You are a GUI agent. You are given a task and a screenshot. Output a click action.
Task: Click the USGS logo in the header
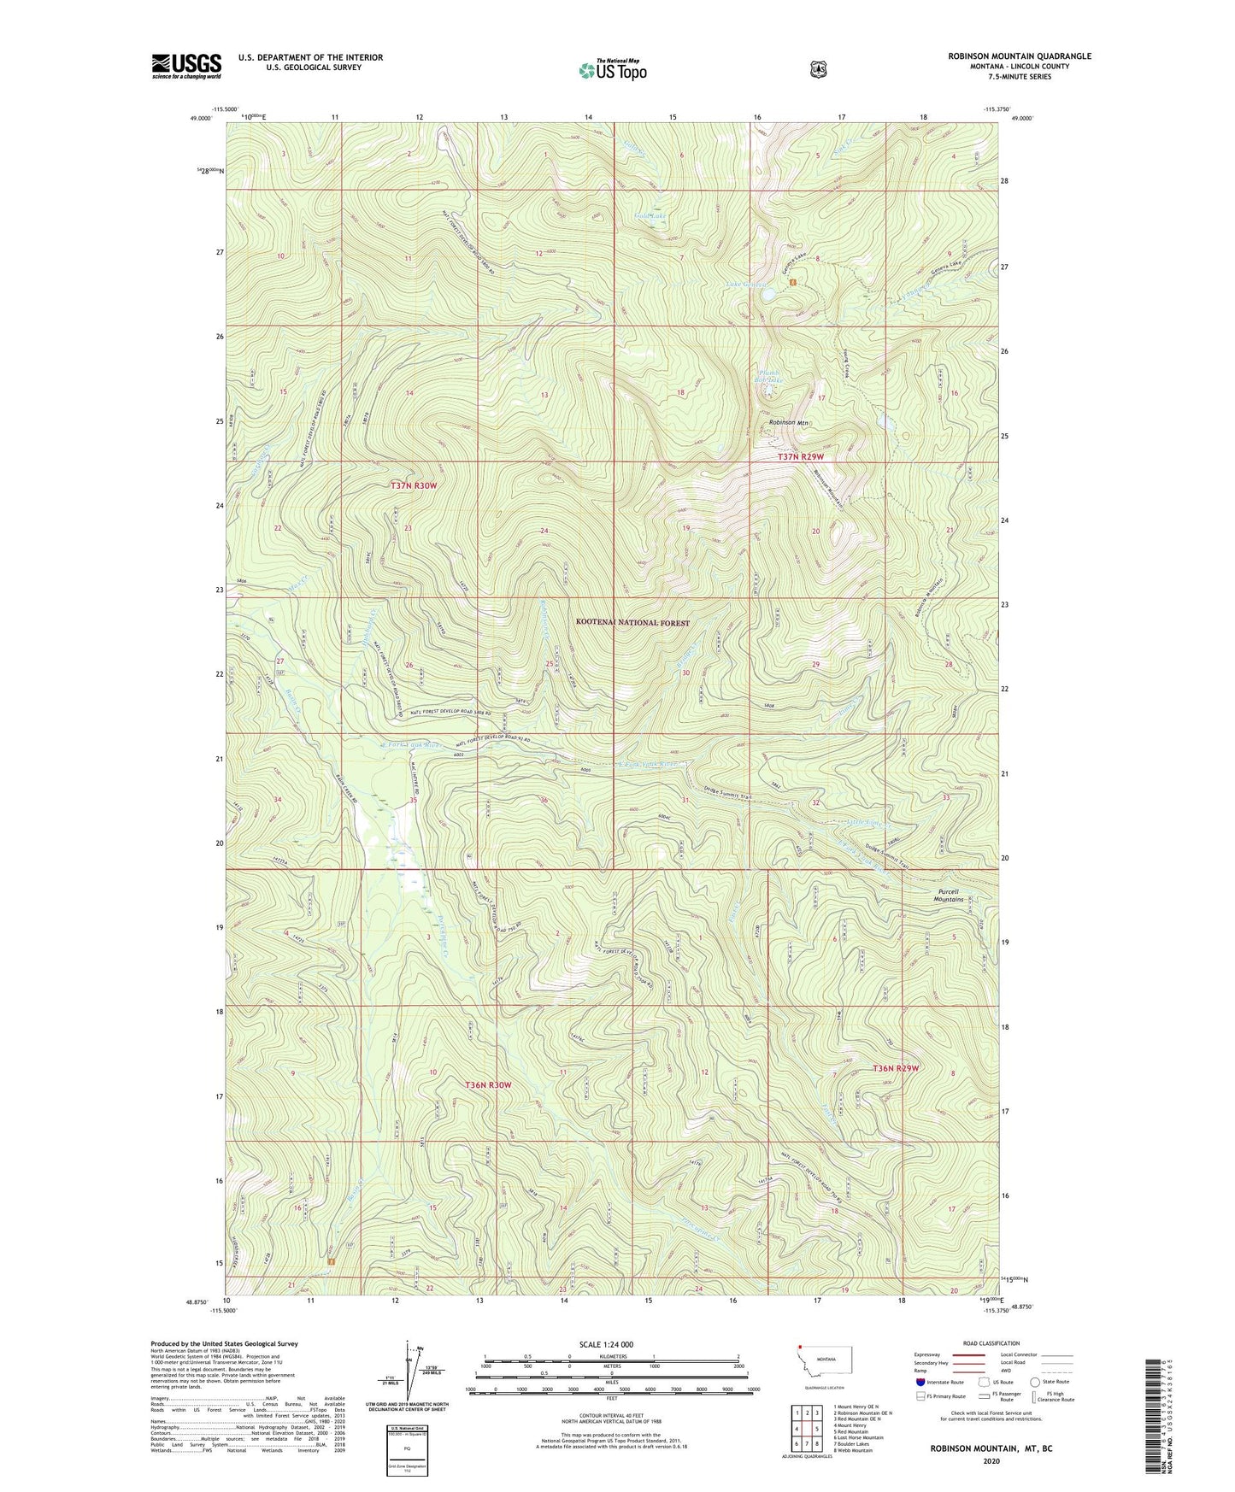(186, 66)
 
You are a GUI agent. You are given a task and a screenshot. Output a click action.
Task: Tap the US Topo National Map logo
(613, 69)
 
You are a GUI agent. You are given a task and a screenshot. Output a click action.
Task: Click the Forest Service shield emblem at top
(818, 69)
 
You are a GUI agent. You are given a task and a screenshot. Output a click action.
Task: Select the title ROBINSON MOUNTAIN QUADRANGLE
(1019, 56)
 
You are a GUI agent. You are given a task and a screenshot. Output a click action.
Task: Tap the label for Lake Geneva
(746, 285)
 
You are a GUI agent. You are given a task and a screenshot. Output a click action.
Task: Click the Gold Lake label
(650, 216)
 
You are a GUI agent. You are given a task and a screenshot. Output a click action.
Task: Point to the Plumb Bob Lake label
(770, 375)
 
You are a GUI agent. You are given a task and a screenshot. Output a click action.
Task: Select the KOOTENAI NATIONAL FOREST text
(632, 623)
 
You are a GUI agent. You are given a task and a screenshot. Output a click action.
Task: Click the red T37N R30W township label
(414, 485)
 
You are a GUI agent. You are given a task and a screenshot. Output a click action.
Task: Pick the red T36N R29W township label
(896, 1068)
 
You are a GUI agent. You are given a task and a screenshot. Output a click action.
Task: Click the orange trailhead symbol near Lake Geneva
(793, 282)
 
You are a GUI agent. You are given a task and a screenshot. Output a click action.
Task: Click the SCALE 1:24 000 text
(606, 1345)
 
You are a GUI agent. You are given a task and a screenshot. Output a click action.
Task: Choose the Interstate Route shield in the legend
(919, 1382)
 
